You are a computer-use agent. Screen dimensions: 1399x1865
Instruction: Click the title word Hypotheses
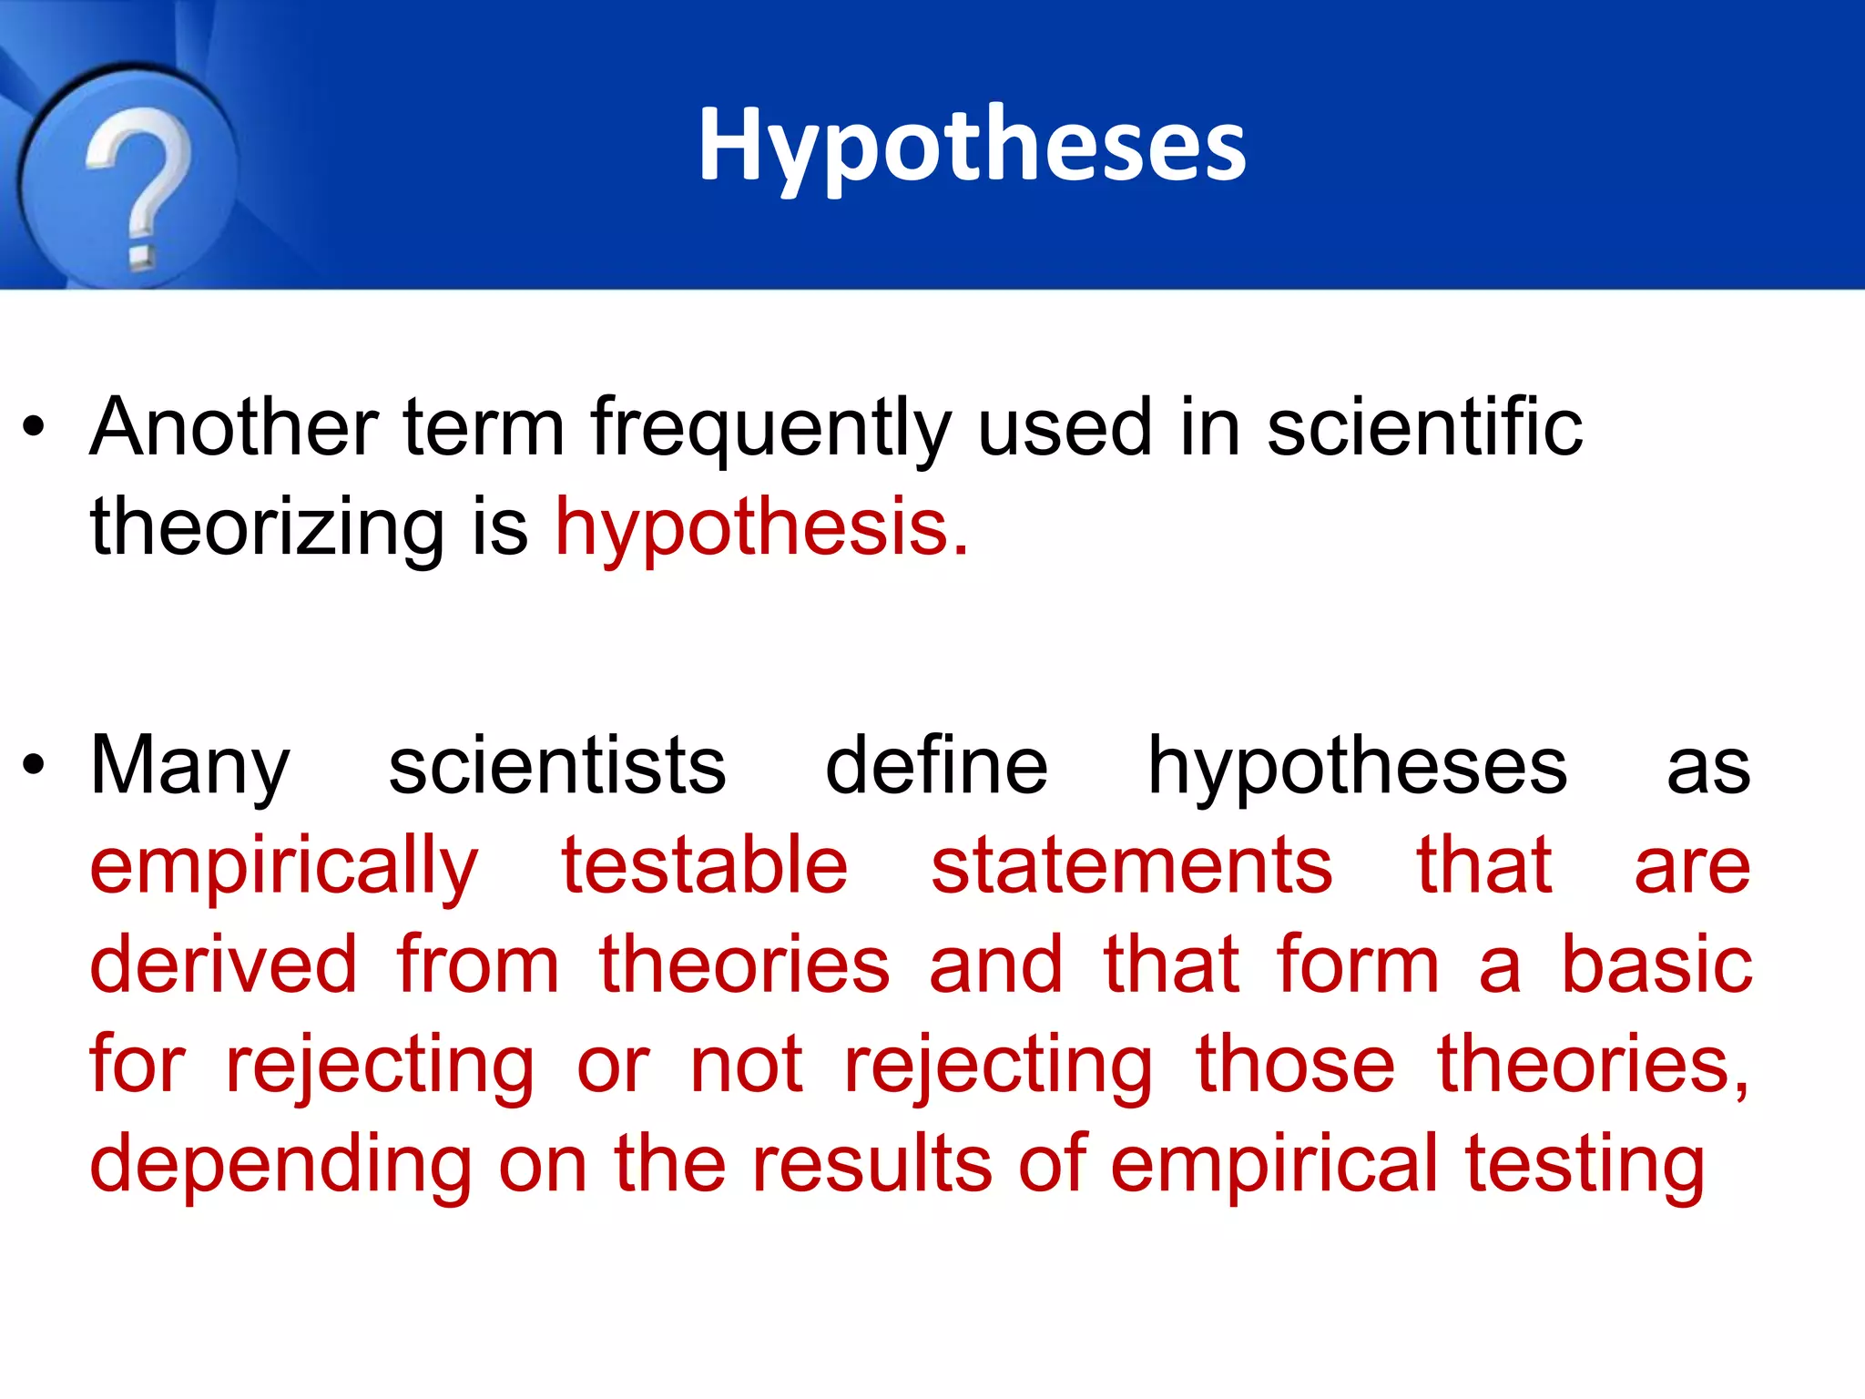tap(972, 146)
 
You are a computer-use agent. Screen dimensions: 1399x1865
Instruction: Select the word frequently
tap(770, 428)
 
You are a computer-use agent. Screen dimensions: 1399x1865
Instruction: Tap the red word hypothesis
tap(761, 528)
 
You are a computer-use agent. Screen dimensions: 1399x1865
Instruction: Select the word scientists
tap(557, 765)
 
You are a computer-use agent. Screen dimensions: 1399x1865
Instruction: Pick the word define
tap(936, 765)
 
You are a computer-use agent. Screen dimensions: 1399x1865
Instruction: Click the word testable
tap(705, 865)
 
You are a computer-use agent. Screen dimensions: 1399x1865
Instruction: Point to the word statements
tap(1132, 865)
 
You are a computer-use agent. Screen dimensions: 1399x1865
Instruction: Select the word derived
tap(223, 965)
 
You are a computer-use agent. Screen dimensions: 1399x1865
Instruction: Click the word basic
tap(1656, 965)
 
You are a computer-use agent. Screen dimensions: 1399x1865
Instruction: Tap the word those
tap(1295, 1064)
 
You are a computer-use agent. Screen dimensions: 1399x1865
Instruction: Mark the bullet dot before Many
tap(34, 765)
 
